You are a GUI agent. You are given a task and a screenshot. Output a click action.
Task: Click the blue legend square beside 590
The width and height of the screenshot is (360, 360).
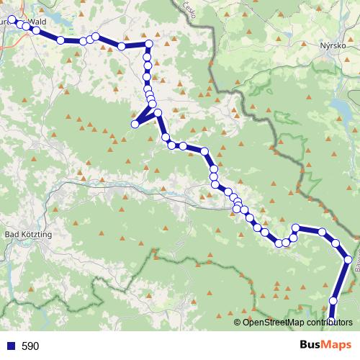[x=9, y=346]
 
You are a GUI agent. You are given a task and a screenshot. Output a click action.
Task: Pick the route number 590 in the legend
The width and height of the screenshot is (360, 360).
[x=30, y=346]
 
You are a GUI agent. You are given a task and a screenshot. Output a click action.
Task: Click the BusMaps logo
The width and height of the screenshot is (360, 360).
[x=325, y=346]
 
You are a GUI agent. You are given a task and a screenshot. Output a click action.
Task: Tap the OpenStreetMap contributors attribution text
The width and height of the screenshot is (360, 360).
[x=297, y=322]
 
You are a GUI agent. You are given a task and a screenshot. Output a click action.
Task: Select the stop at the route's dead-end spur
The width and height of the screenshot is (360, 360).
[x=134, y=125]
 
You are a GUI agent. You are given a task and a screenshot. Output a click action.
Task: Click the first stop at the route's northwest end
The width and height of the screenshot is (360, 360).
[x=12, y=20]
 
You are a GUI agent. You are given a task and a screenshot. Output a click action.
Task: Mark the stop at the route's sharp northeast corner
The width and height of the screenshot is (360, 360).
[x=149, y=45]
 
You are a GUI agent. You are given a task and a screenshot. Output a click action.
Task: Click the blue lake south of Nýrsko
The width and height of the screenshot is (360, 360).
[x=338, y=108]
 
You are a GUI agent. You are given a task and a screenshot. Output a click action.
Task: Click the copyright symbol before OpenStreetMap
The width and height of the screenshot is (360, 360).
[x=238, y=322]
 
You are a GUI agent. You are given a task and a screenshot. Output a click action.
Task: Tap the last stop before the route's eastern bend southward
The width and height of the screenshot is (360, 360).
[x=323, y=233]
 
